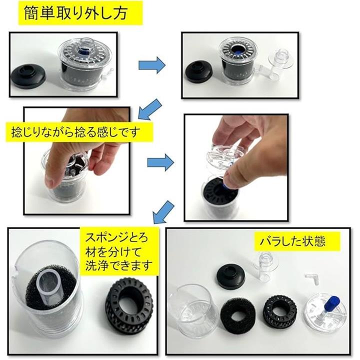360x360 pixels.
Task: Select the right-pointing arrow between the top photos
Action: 152,65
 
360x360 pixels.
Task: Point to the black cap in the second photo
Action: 199,71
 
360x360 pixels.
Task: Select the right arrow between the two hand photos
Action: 160,162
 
